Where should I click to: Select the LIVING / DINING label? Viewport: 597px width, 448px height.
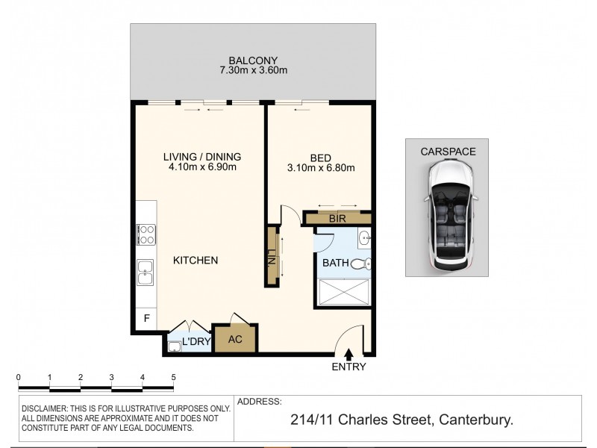[202, 156]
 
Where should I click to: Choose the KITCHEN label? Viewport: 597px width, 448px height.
[196, 261]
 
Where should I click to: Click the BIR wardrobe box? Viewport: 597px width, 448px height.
[337, 218]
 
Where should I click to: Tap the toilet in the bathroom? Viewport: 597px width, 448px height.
[361, 264]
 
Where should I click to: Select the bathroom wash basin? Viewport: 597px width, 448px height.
[363, 239]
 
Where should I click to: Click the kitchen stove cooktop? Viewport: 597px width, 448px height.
[145, 235]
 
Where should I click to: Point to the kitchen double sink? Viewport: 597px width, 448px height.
[145, 274]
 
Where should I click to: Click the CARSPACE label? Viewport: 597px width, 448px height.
[448, 151]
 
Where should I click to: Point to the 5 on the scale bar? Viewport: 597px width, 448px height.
[173, 377]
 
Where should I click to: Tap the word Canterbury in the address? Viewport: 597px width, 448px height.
[475, 421]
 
